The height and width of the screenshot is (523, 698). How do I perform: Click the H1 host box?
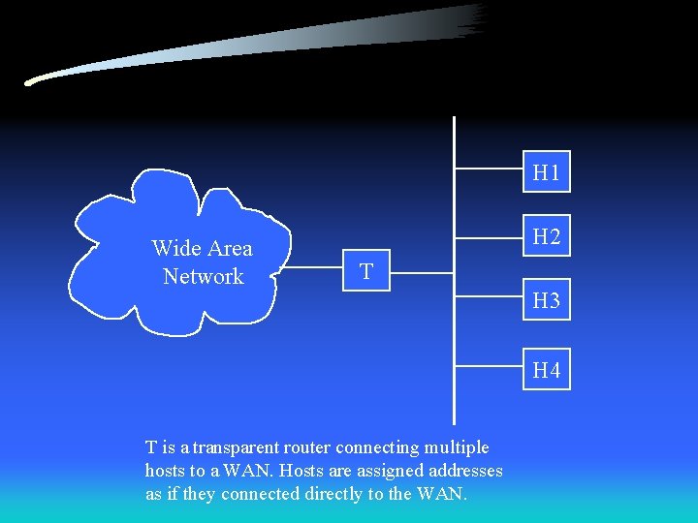547,173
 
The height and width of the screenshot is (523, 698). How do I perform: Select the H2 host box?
547,236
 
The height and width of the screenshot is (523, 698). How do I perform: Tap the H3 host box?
547,301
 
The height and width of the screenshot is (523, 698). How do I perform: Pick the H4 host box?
547,370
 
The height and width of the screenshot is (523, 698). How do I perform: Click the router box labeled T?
366,272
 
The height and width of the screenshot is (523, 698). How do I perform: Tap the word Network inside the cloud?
204,276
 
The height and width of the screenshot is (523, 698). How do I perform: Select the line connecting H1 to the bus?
489,169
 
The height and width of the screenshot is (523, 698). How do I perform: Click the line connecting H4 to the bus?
489,366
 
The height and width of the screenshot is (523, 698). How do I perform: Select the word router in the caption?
308,447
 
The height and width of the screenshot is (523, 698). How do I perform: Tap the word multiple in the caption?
456,447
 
